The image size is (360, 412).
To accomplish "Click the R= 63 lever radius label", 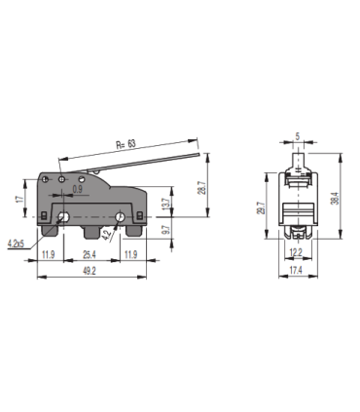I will tap(126, 144).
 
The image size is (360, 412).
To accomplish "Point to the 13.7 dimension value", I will tap(163, 205).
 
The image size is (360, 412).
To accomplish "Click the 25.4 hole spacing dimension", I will tap(90, 255).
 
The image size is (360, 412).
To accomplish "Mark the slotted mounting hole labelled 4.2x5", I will tap(63, 216).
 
